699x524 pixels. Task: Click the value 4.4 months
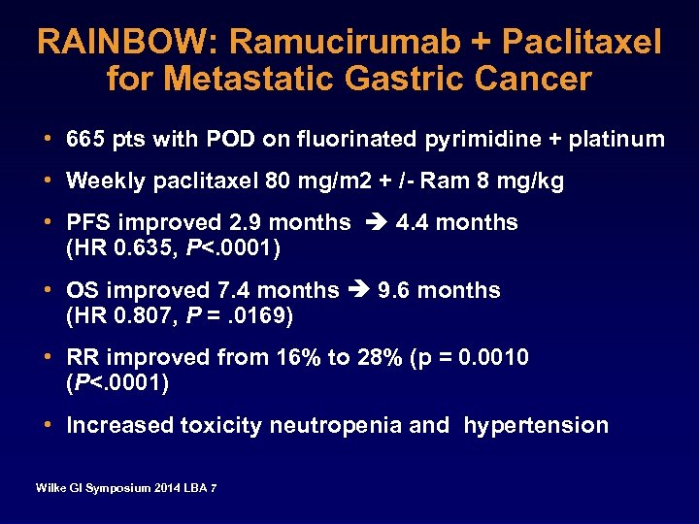pyautogui.click(x=456, y=222)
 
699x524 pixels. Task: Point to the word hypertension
pyautogui.click(x=536, y=425)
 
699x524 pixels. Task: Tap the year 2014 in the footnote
pyautogui.click(x=165, y=487)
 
